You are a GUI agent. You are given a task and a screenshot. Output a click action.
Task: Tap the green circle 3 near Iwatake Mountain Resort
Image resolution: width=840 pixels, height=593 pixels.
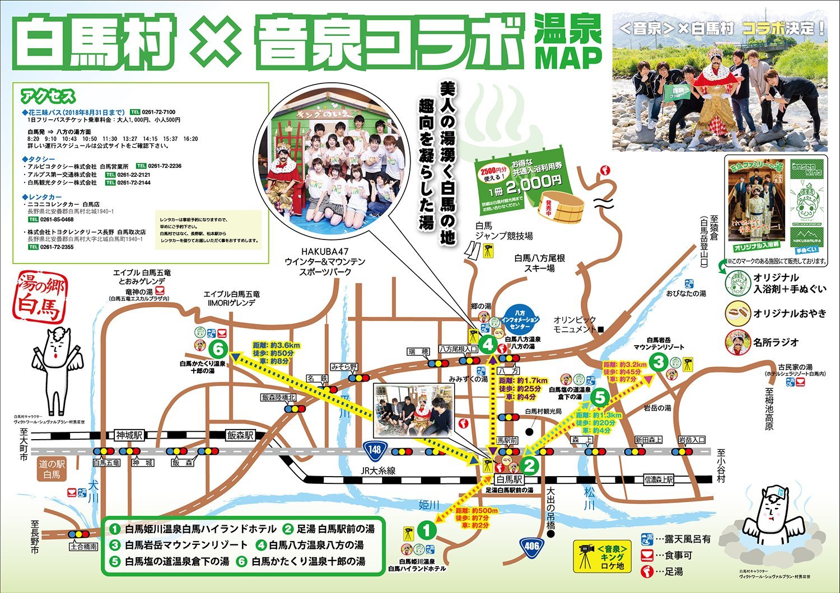tap(659, 362)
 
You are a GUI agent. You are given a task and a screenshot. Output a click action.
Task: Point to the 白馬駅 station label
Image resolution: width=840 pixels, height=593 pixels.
tap(510, 479)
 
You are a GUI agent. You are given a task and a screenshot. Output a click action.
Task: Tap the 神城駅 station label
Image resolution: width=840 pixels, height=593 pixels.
tap(129, 435)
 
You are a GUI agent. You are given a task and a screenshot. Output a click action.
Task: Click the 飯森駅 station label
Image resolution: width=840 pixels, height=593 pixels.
tap(240, 435)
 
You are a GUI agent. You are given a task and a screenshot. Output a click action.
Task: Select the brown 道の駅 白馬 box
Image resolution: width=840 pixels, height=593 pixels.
tap(52, 469)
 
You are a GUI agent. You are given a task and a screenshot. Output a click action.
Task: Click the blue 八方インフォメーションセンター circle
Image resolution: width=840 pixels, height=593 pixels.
tap(520, 319)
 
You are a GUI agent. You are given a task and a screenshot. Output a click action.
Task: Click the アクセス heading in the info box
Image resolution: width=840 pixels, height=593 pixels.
tap(48, 96)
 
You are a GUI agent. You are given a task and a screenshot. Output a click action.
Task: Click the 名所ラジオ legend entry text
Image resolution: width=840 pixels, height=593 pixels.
tap(776, 342)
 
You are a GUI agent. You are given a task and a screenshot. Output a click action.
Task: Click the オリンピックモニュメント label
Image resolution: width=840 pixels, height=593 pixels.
tap(575, 324)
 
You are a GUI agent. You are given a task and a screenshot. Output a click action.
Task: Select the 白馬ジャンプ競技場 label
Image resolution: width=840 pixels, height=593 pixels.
tap(503, 231)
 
